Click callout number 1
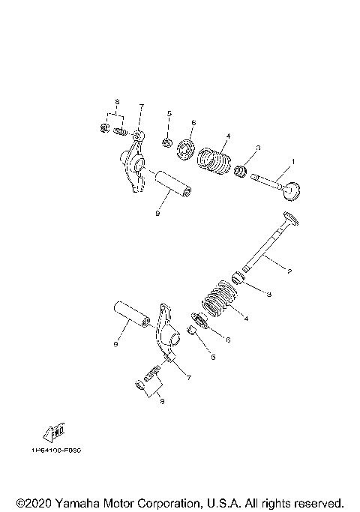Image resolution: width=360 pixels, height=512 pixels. point(293,161)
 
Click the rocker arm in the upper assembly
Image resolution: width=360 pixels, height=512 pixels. point(136,166)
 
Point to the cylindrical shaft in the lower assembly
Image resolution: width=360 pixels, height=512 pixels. point(133,318)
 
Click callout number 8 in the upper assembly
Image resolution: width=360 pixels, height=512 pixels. point(117,100)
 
